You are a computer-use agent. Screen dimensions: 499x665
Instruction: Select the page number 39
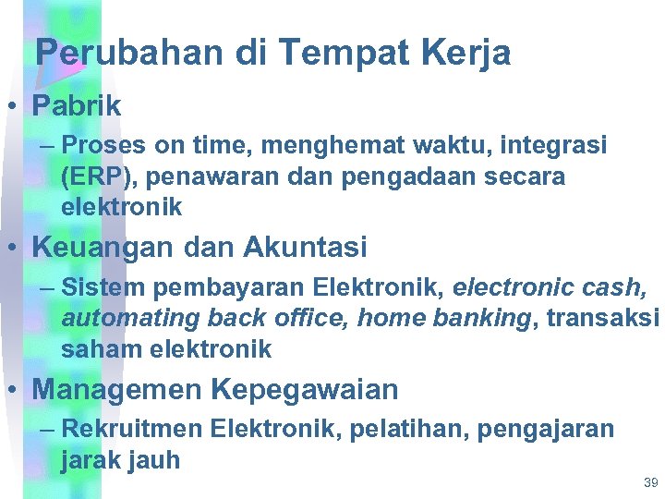coord(650,482)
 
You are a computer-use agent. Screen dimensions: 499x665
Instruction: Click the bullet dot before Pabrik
coord(15,105)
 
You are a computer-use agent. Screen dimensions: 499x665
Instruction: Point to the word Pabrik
coord(77,105)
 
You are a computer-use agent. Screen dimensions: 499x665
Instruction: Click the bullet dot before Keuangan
coord(15,247)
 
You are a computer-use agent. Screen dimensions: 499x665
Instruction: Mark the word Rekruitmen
coord(132,430)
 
